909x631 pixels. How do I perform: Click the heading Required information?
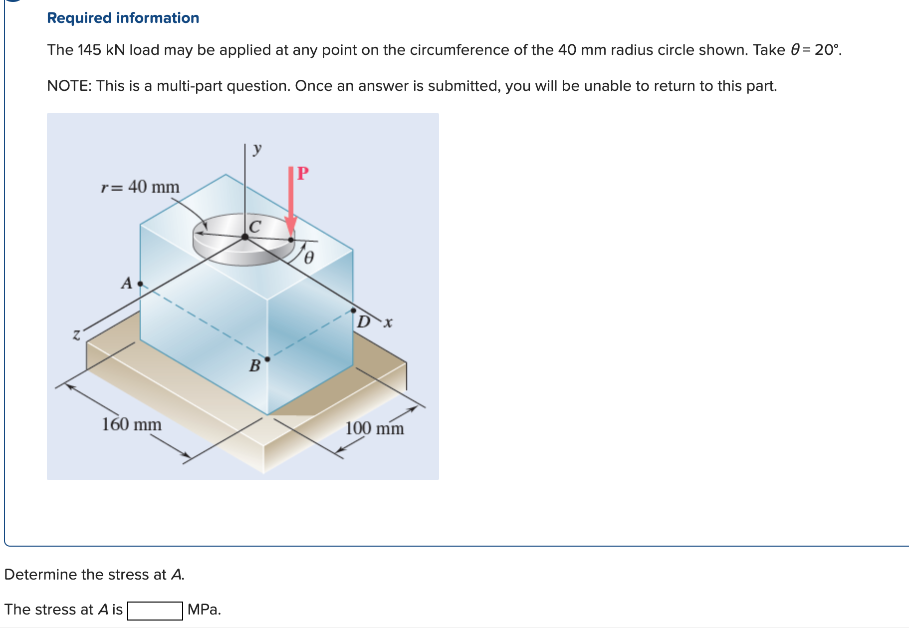(123, 18)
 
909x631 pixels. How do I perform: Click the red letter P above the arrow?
(303, 173)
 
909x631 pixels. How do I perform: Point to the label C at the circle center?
(254, 227)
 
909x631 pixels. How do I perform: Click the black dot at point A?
(140, 284)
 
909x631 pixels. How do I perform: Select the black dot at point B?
(267, 359)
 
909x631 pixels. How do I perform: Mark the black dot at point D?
(354, 311)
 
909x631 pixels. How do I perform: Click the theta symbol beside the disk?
(309, 258)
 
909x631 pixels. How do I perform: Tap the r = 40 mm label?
(140, 187)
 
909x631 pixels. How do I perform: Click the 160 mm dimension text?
(132, 424)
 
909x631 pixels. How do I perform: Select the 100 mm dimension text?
(374, 428)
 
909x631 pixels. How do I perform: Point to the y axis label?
(257, 148)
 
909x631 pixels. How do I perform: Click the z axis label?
(76, 334)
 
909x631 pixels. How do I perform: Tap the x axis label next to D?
(388, 323)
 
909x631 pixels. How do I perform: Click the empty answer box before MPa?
(155, 610)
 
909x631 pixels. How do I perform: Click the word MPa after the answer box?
(204, 610)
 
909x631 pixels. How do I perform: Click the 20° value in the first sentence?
(827, 50)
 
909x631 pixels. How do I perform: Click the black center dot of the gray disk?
(245, 237)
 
